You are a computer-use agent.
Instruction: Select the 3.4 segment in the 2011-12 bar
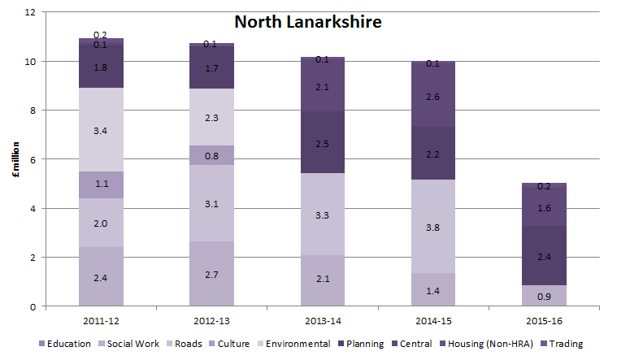coord(101,129)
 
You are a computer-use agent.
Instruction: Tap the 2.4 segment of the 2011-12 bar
coord(101,276)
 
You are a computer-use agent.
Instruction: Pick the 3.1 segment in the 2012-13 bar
coord(211,203)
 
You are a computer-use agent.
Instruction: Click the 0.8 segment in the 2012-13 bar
coord(211,155)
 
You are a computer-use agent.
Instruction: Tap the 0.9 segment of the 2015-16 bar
coord(545,296)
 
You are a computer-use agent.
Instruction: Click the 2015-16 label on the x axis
coord(545,321)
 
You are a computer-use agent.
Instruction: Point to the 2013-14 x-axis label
coord(323,321)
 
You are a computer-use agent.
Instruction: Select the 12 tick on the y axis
coord(30,12)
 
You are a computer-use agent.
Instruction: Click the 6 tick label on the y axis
coord(33,159)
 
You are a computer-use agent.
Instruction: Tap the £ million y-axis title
coord(15,159)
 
